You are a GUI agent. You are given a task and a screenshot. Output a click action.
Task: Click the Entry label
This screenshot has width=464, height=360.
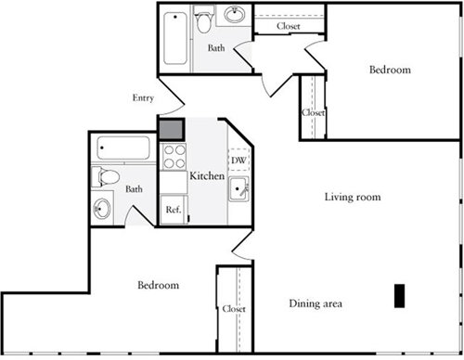[144, 96]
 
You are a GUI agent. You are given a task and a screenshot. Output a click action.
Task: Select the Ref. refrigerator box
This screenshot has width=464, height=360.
[173, 210]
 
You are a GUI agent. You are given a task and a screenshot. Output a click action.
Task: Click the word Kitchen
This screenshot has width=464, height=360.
[206, 175]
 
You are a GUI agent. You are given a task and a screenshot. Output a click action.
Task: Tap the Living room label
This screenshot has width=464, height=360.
[353, 197]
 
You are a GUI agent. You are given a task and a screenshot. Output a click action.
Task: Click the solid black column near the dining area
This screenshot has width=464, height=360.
[398, 295]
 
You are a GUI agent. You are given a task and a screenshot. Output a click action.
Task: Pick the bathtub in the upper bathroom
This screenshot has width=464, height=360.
[174, 39]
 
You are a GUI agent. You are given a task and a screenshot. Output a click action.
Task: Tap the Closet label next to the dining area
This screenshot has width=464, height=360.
[234, 309]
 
